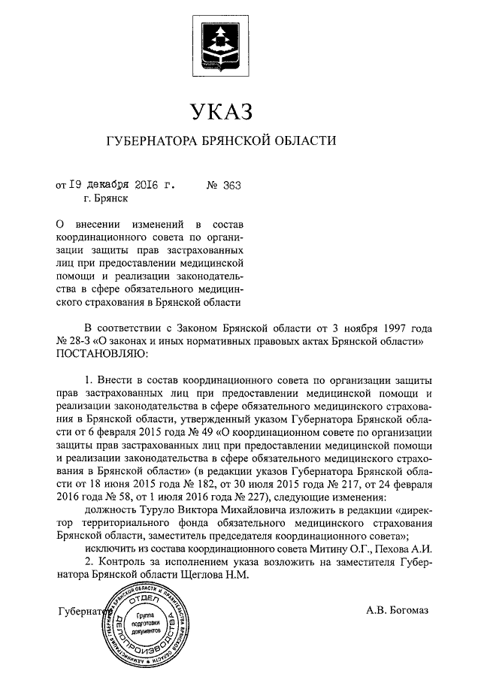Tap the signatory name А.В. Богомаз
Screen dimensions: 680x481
tap(398, 610)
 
